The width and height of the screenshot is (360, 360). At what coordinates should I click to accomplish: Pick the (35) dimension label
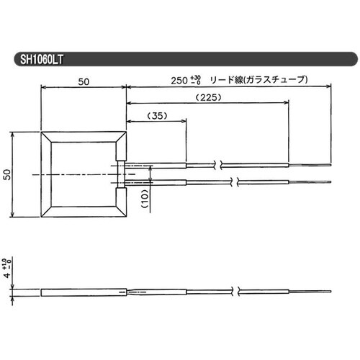click(156, 115)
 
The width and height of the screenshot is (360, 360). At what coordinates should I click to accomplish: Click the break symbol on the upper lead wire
click(228, 165)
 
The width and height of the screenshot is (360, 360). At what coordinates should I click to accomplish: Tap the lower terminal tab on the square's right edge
click(120, 199)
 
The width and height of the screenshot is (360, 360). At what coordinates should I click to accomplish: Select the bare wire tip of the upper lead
click(310, 165)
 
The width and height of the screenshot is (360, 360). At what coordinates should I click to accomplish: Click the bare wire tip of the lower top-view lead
click(310, 181)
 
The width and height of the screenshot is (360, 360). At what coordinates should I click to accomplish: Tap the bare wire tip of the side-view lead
click(310, 292)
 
